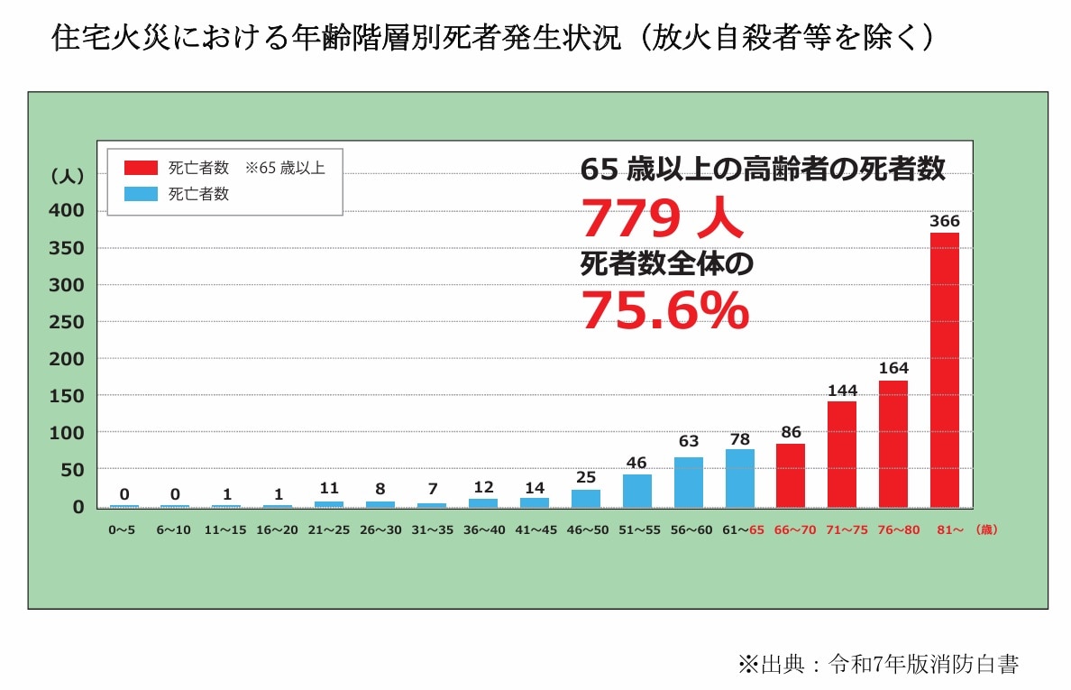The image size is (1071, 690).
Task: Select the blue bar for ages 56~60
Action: pyautogui.click(x=688, y=483)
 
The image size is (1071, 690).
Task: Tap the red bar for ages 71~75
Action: pyautogui.click(x=842, y=454)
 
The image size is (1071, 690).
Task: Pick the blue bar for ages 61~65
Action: pyautogui.click(x=739, y=478)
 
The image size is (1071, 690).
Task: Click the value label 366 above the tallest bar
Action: pyautogui.click(x=944, y=221)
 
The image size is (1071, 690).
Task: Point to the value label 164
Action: pyautogui.click(x=893, y=368)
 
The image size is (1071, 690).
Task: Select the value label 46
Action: pyautogui.click(x=636, y=463)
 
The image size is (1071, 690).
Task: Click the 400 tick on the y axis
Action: pyautogui.click(x=65, y=210)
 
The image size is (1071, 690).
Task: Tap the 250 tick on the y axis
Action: pyautogui.click(x=65, y=322)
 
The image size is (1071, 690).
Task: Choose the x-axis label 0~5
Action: pyautogui.click(x=124, y=530)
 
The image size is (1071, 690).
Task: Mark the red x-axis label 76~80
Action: pyautogui.click(x=893, y=530)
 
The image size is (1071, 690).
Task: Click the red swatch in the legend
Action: pyautogui.click(x=142, y=168)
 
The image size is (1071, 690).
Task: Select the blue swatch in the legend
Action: pyautogui.click(x=142, y=193)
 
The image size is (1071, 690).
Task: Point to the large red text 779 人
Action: pyautogui.click(x=662, y=217)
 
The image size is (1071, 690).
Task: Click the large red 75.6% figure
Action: pyautogui.click(x=664, y=309)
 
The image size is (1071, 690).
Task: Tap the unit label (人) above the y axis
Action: pyautogui.click(x=67, y=177)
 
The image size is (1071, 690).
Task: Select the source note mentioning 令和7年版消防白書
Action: pyautogui.click(x=878, y=666)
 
